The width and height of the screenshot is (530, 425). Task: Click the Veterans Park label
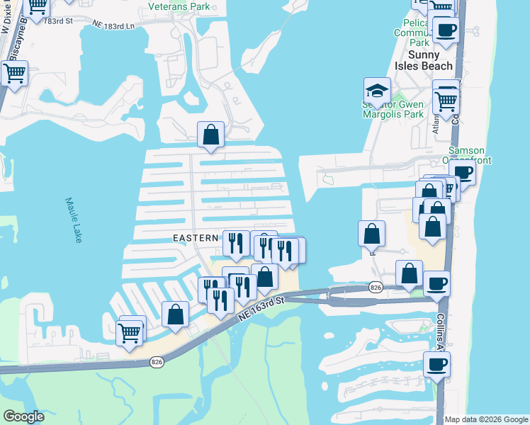coord(179,6)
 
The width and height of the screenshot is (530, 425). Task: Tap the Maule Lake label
coord(73,220)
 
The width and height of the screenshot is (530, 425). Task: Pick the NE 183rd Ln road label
coord(114,24)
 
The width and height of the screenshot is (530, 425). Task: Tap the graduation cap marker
coord(378,90)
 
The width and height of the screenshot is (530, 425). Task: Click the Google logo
coord(23,416)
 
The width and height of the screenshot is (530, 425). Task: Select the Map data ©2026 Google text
coord(486,419)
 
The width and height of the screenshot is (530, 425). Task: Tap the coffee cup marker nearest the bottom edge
coord(436,365)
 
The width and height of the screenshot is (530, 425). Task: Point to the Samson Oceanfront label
coord(469,156)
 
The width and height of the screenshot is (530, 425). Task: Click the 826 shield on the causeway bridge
coord(376,287)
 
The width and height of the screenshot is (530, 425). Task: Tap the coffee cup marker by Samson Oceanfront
coord(464,172)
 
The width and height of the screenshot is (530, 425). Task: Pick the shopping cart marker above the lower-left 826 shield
coord(130,331)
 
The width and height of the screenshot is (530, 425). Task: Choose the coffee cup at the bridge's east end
coord(436,283)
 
